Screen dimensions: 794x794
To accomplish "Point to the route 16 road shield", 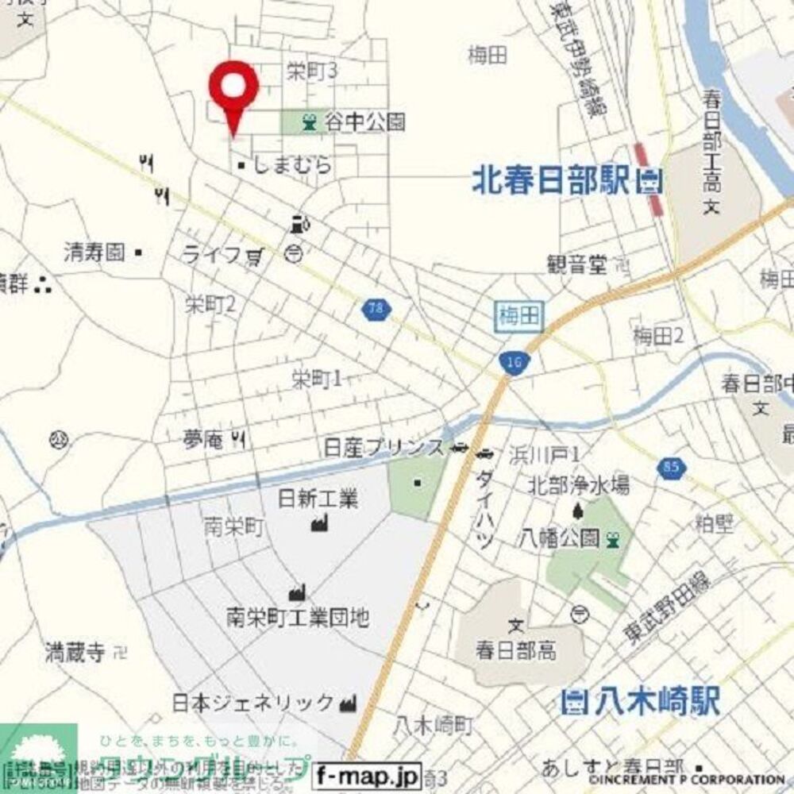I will click(511, 362).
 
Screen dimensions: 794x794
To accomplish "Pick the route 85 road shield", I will click(669, 469).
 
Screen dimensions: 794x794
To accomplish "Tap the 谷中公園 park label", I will click(364, 121).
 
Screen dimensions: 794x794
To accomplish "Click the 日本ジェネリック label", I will click(254, 703).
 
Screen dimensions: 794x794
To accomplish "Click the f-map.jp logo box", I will click(376, 773).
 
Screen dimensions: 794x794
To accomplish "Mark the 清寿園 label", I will click(95, 253).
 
